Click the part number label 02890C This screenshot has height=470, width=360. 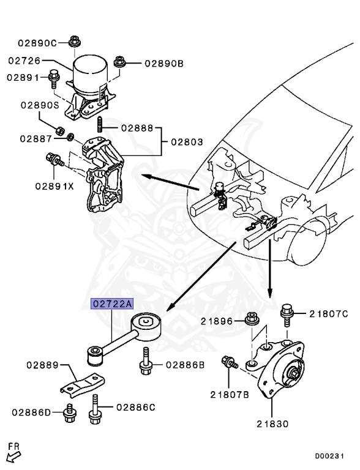[37, 43]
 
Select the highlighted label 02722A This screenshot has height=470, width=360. [112, 304]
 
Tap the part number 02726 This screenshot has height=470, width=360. [24, 61]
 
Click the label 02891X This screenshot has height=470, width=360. [54, 185]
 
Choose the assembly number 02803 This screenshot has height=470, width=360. [187, 142]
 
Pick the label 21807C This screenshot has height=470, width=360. [328, 314]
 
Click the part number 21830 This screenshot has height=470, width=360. [272, 423]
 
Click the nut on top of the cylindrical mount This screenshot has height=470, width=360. [75, 41]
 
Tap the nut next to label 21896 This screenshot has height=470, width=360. [251, 320]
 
